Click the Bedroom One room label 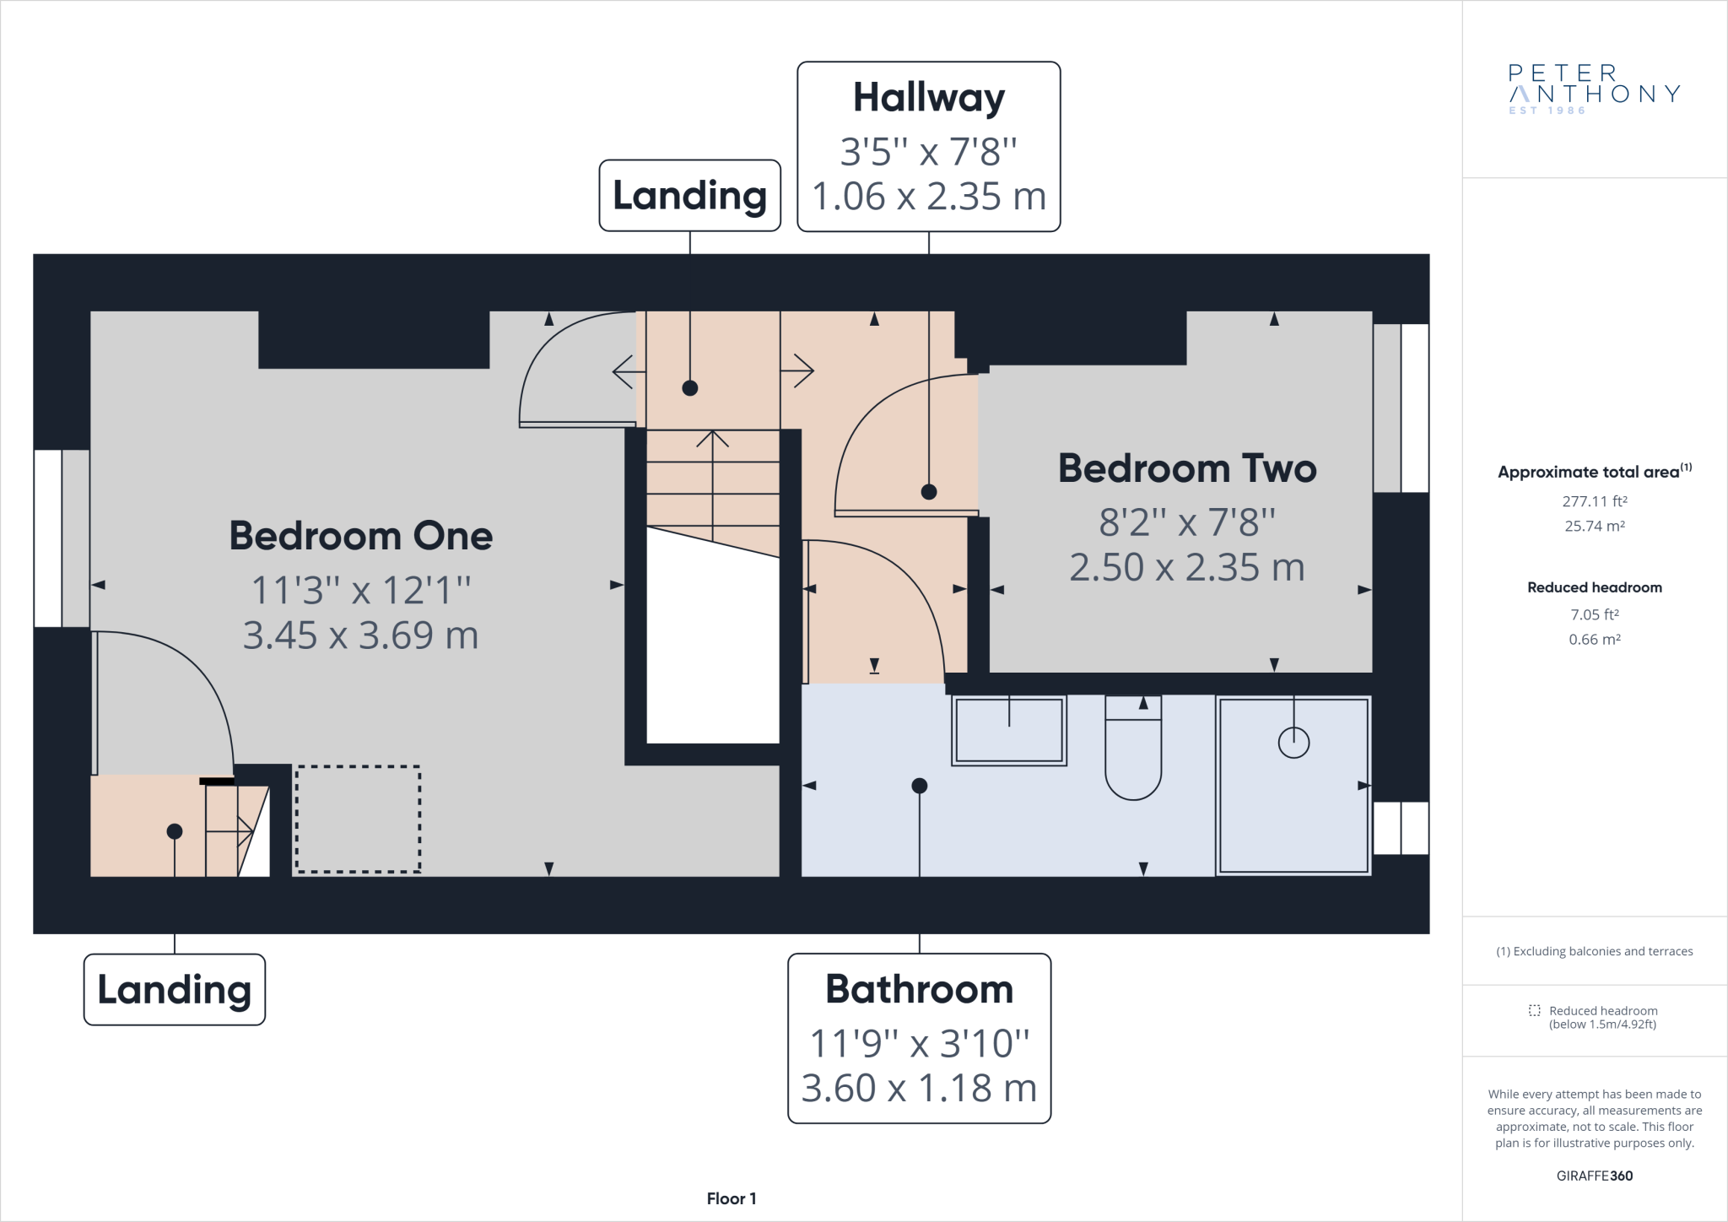tap(361, 536)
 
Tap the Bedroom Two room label tap(1187, 468)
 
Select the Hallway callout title tap(929, 98)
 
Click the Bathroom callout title tap(919, 989)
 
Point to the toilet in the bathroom tap(1133, 747)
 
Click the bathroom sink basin tap(1009, 731)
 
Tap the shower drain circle tap(1293, 743)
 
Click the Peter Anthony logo tap(1594, 89)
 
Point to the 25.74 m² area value tap(1595, 526)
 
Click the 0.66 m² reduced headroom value tap(1595, 640)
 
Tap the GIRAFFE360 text tap(1595, 1176)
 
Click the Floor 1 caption tap(732, 1198)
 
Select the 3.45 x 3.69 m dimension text tap(361, 635)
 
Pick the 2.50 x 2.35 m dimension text tap(1187, 568)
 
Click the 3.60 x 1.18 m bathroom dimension tap(919, 1089)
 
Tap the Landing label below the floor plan tap(175, 990)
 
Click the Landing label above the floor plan tap(690, 196)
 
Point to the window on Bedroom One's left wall tap(62, 538)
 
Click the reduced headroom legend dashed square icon tap(1534, 1010)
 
